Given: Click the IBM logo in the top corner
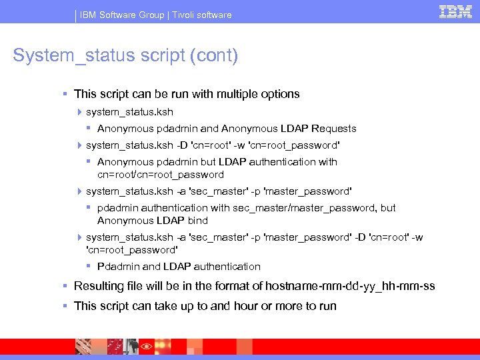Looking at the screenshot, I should [455, 12].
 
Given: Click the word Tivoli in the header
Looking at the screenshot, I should [187, 15].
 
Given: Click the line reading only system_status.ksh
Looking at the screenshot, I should [129, 112].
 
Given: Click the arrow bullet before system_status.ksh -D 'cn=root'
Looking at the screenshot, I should [80, 145].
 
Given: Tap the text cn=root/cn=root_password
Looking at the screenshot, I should [161, 175].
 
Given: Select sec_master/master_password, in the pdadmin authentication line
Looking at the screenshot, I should [305, 208].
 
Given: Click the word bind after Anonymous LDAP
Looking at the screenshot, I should [198, 221].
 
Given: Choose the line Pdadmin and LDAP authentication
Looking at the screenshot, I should [179, 267].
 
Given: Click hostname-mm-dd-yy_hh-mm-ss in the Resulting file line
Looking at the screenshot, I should [350, 286].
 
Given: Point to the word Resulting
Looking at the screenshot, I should [99, 286].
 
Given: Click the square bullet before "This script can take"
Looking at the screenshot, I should [65, 306].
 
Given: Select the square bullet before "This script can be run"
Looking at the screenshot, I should [65, 94].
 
